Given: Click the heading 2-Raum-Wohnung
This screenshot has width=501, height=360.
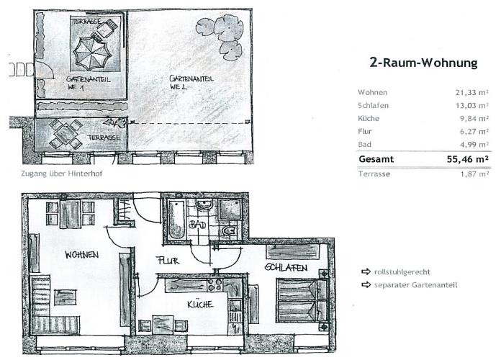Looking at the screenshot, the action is (423, 63).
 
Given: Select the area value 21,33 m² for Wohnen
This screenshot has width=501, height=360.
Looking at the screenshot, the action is (472, 93).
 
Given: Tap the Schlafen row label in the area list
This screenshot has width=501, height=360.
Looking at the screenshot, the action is (373, 106).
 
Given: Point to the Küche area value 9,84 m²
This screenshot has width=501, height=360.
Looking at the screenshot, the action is (474, 119).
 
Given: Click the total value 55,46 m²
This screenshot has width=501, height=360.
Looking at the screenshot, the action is (468, 159).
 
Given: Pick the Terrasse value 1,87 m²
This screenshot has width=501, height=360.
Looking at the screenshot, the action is (474, 174).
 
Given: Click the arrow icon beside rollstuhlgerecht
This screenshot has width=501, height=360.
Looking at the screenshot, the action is (366, 271).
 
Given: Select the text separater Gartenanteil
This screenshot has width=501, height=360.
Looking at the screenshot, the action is (415, 285).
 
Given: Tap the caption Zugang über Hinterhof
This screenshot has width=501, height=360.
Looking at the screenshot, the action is (62, 174).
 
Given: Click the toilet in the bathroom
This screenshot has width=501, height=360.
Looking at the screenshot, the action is (228, 231).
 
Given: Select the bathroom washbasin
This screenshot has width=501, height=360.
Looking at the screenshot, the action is (204, 204).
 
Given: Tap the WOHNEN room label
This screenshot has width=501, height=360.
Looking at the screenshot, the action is (82, 255).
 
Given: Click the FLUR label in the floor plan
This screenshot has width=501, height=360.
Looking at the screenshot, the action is (168, 261).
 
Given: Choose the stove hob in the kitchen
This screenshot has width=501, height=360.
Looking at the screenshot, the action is (215, 284).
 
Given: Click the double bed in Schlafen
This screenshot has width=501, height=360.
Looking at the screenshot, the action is (302, 300).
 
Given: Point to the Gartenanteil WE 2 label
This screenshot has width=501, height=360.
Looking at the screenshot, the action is (191, 82).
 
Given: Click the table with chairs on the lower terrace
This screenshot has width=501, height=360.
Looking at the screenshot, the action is (66, 134).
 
